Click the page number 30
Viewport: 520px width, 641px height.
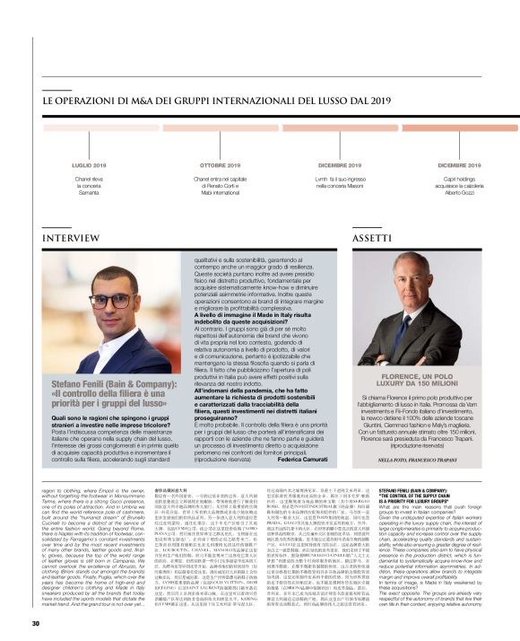pyautogui.click(x=36, y=623)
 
